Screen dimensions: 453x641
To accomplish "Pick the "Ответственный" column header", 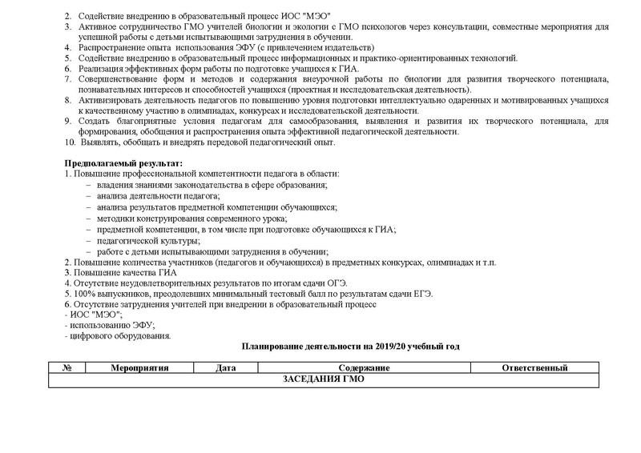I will (x=534, y=368).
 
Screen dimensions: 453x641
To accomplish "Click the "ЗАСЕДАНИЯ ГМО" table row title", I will (x=323, y=379).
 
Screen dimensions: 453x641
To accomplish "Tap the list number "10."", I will (x=70, y=142).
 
